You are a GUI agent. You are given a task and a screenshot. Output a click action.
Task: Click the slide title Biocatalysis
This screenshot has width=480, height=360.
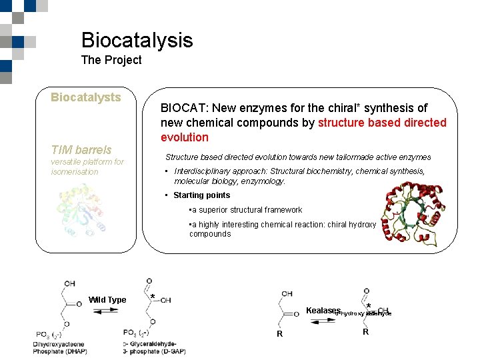coord(137,40)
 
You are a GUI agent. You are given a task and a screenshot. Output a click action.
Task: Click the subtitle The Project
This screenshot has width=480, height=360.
coord(111,60)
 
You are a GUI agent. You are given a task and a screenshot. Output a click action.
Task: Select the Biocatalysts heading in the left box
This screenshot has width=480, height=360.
coord(86,97)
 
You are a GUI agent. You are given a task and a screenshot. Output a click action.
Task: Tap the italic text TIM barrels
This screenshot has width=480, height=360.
coord(81,150)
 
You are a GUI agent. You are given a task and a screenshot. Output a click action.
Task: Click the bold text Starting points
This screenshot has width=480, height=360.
coord(201,195)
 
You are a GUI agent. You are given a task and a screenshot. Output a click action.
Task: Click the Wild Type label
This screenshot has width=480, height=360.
coord(107,300)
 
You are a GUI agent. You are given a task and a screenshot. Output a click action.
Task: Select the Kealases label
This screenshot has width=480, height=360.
coord(323,311)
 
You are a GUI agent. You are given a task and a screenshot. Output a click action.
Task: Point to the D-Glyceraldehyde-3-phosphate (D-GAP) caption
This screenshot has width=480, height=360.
coord(154,347)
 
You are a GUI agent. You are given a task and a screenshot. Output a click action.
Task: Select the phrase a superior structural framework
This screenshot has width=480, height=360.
coord(247,210)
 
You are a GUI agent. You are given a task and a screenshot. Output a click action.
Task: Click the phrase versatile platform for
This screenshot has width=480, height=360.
coord(87,162)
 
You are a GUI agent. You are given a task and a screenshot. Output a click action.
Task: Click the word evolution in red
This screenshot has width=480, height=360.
coord(185,137)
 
